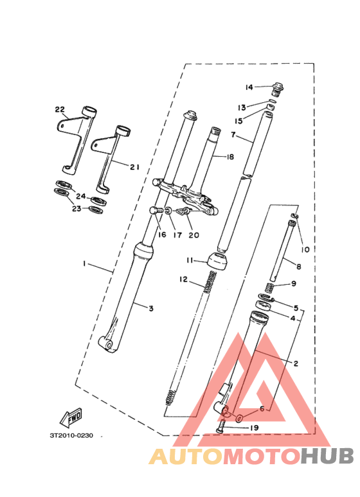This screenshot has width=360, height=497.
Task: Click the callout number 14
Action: pyautogui.click(x=249, y=87)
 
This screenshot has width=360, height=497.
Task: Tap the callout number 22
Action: pyautogui.click(x=60, y=109)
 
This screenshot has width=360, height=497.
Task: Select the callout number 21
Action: pyautogui.click(x=134, y=167)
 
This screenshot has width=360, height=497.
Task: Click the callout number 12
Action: pyautogui.click(x=183, y=280)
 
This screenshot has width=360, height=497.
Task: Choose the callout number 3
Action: pyautogui.click(x=151, y=309)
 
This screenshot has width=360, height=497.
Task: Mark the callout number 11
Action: pyautogui.click(x=190, y=260)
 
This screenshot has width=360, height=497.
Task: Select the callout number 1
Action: pyautogui.click(x=84, y=264)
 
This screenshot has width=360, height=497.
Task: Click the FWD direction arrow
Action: pyautogui.click(x=71, y=419)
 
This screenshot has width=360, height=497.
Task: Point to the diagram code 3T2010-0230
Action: pyautogui.click(x=71, y=435)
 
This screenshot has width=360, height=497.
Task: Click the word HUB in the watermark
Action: pyautogui.click(x=328, y=456)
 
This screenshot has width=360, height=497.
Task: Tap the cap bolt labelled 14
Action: pyautogui.click(x=278, y=86)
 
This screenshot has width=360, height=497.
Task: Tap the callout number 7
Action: pyautogui.click(x=234, y=136)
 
